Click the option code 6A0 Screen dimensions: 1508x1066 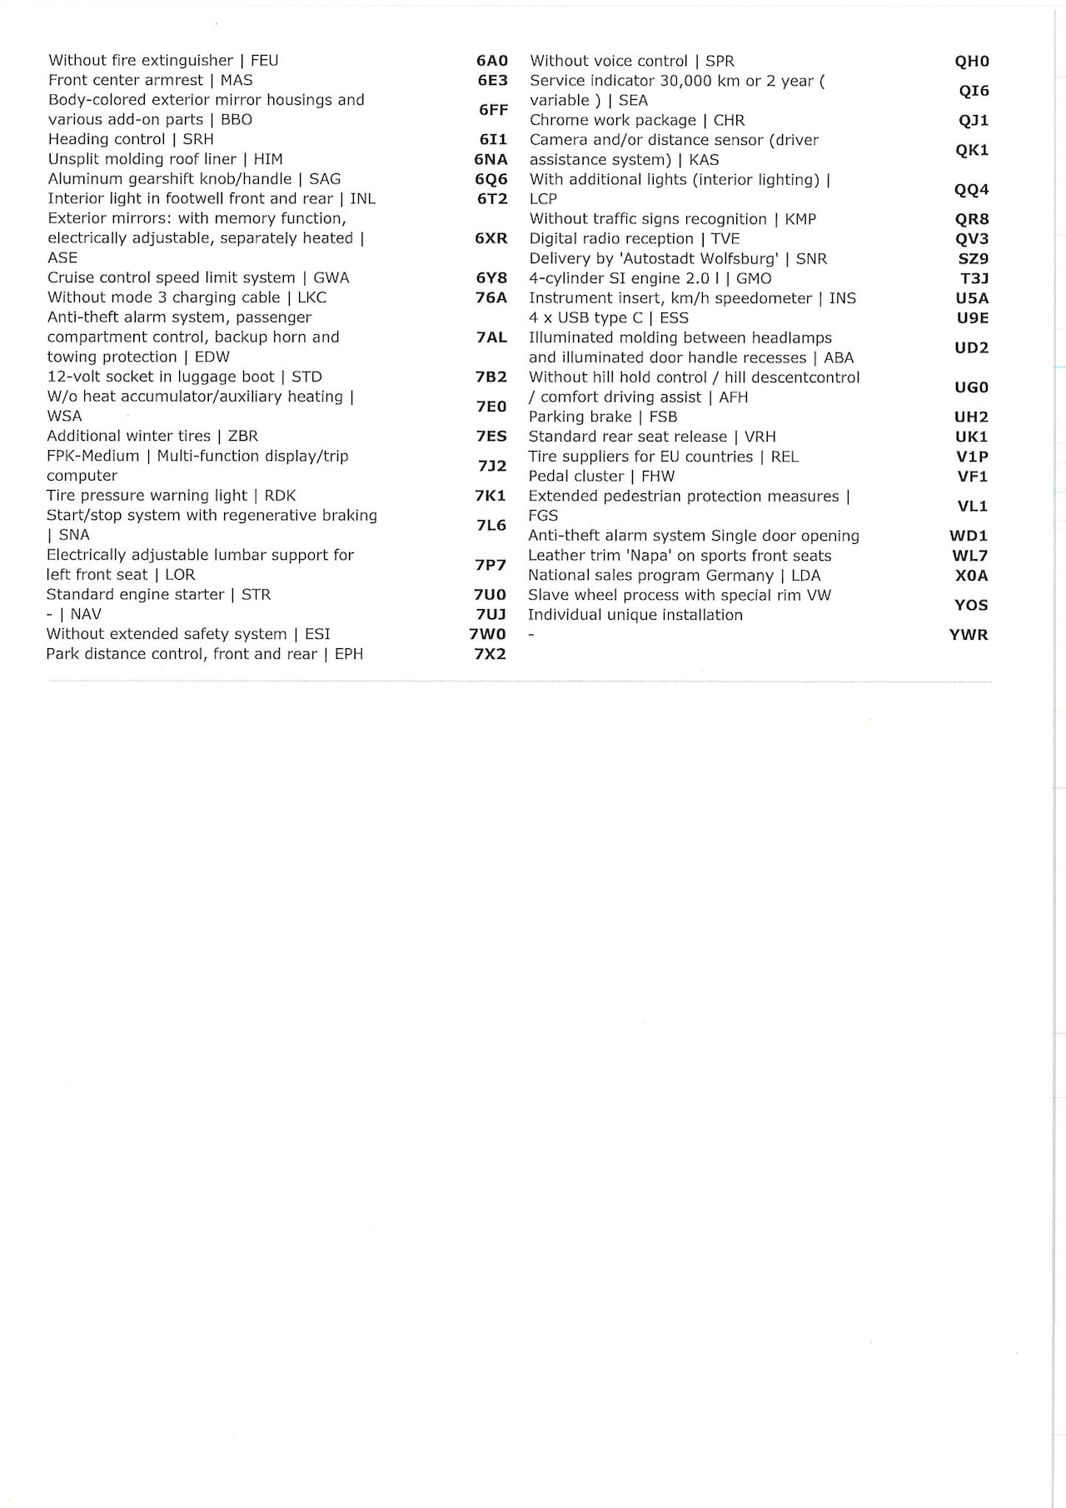491,61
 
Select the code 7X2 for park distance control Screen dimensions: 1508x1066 490,654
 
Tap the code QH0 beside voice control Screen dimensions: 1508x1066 972,61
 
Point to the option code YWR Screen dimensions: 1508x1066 969,635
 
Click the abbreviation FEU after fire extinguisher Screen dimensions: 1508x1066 265,61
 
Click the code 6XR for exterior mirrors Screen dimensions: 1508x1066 491,238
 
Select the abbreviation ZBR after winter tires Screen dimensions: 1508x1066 242,436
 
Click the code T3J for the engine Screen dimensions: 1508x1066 974,278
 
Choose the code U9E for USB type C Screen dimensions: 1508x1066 973,317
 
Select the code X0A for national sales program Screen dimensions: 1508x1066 972,576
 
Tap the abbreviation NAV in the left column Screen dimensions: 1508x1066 86,614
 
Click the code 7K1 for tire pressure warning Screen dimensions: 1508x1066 491,496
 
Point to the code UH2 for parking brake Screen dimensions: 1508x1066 971,417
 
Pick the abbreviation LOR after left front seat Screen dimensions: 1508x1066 180,575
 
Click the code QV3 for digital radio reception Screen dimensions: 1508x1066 972,238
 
